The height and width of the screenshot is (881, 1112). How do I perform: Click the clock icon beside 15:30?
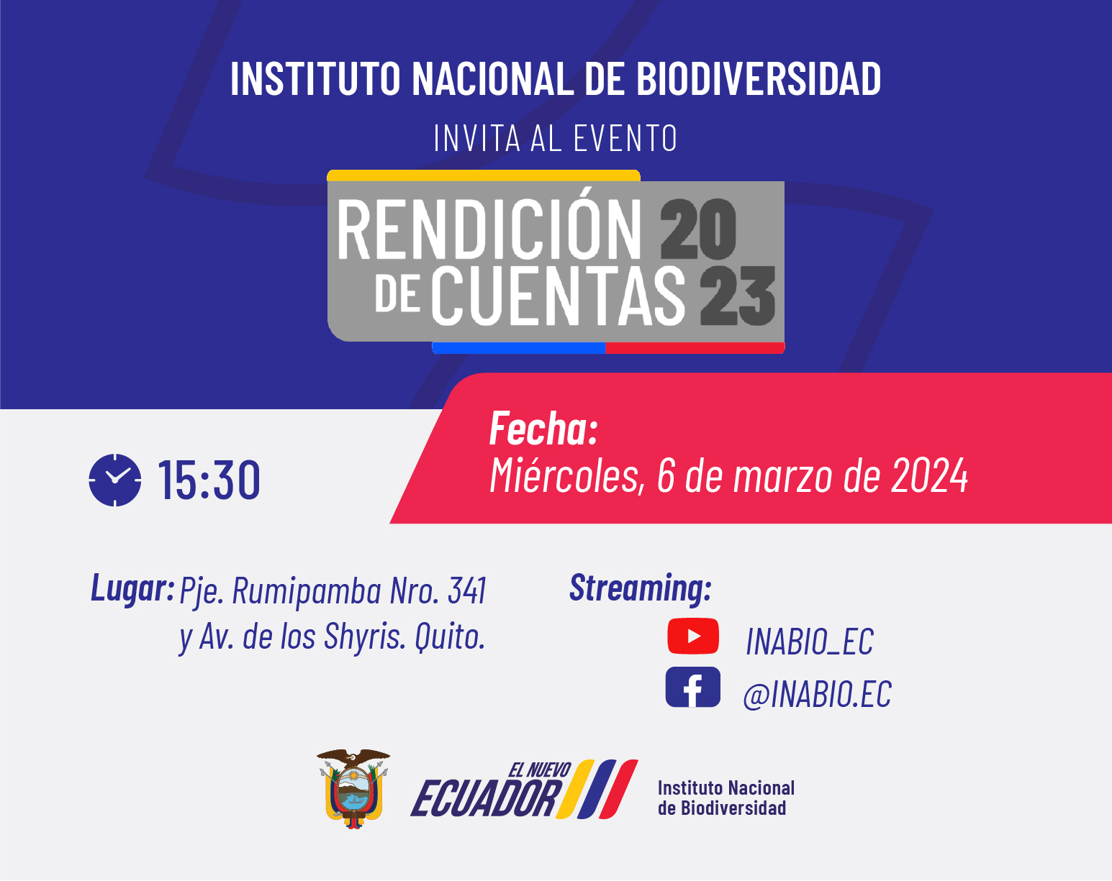point(114,480)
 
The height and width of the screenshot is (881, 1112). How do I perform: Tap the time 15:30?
point(209,480)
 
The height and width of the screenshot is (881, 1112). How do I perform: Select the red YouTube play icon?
point(693,636)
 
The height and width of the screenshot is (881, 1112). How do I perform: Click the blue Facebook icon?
point(693,687)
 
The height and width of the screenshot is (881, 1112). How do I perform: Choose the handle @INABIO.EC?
point(817,694)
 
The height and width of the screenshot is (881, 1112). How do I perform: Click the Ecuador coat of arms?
point(353,788)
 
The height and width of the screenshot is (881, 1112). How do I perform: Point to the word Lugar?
point(132,588)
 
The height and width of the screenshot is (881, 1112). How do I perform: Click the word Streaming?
point(641,589)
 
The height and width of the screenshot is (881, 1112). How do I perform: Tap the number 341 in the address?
point(467,590)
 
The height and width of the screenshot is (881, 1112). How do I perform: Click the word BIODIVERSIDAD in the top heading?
point(758,78)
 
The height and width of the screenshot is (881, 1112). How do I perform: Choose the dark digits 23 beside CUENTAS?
point(738,296)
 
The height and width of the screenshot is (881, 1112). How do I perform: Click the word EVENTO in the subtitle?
point(625,138)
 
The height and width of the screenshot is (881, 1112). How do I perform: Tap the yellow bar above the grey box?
point(484,175)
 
